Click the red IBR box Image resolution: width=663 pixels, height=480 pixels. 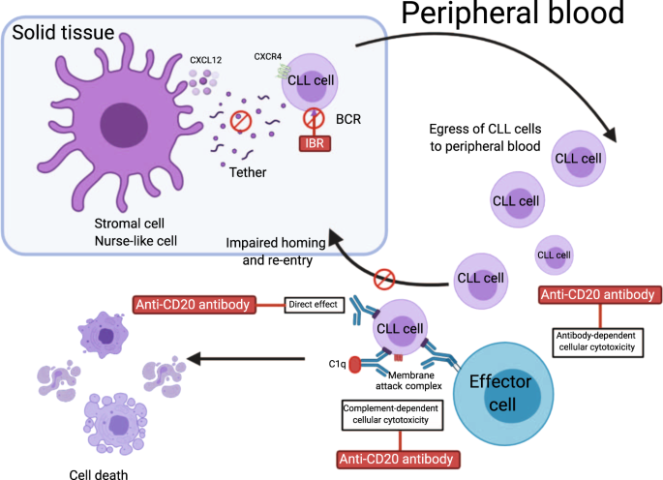[x=314, y=145]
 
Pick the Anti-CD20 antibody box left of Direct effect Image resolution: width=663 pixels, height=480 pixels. [x=195, y=306]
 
